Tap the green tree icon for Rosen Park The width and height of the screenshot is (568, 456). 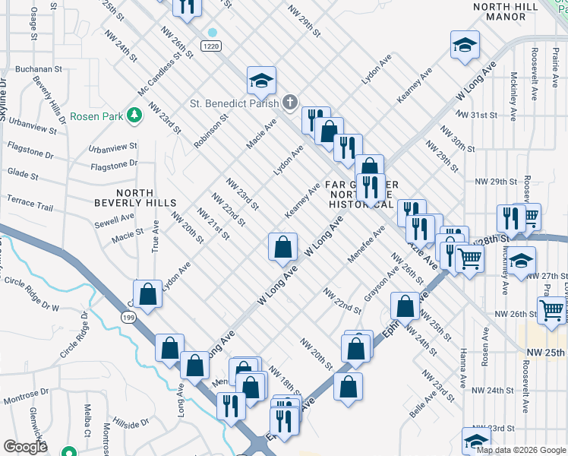(134, 115)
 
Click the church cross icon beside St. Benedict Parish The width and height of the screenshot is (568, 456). (289, 103)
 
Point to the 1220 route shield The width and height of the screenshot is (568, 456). (212, 46)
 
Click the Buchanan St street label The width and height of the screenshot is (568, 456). (38, 68)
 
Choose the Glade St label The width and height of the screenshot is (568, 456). (23, 176)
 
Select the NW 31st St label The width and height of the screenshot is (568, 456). (483, 115)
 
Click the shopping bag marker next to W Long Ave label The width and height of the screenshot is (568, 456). (282, 246)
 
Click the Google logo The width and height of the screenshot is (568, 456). (26, 447)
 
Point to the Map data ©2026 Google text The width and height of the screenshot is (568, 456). (520, 449)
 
